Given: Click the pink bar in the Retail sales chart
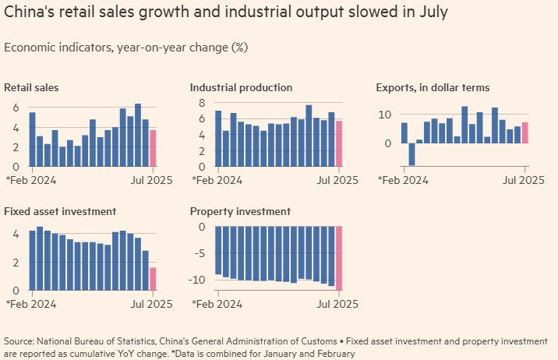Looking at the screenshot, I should pos(154,148).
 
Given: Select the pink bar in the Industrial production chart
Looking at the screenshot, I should pos(339,143).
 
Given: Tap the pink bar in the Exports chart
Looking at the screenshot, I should pos(524,132).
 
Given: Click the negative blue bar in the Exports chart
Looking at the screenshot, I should pos(411,154).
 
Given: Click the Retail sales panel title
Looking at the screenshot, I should pos(31,87).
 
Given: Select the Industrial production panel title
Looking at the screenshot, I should pos(241,87).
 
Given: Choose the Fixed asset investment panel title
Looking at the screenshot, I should pos(60,211).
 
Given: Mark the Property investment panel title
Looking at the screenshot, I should pos(240,211).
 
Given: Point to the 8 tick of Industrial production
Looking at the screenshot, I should pos(200,103).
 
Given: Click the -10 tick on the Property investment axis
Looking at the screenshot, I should pos(199,279).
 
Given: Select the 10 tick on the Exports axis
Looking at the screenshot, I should pos(384,115).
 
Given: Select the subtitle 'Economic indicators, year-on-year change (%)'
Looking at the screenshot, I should pos(125,48).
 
